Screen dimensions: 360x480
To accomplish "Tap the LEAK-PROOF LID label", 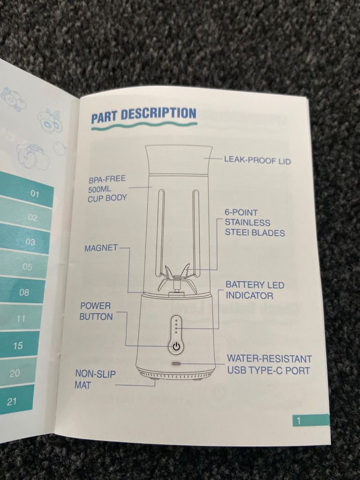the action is coord(257,160).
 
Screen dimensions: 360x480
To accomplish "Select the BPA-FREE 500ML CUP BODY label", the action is coord(107,188).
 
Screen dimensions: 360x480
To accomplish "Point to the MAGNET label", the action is coord(101,247).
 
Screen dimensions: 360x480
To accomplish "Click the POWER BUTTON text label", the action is coord(96,311).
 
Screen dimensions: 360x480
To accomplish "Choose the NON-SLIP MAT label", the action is coord(95,379).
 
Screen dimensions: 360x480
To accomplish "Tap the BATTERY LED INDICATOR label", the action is coord(255,290).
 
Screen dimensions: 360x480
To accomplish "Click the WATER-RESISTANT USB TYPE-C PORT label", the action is coord(269,364).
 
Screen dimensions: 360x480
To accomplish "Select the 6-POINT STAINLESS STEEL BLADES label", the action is coord(255,223).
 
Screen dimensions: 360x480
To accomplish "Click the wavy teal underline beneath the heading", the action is coord(144,126).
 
